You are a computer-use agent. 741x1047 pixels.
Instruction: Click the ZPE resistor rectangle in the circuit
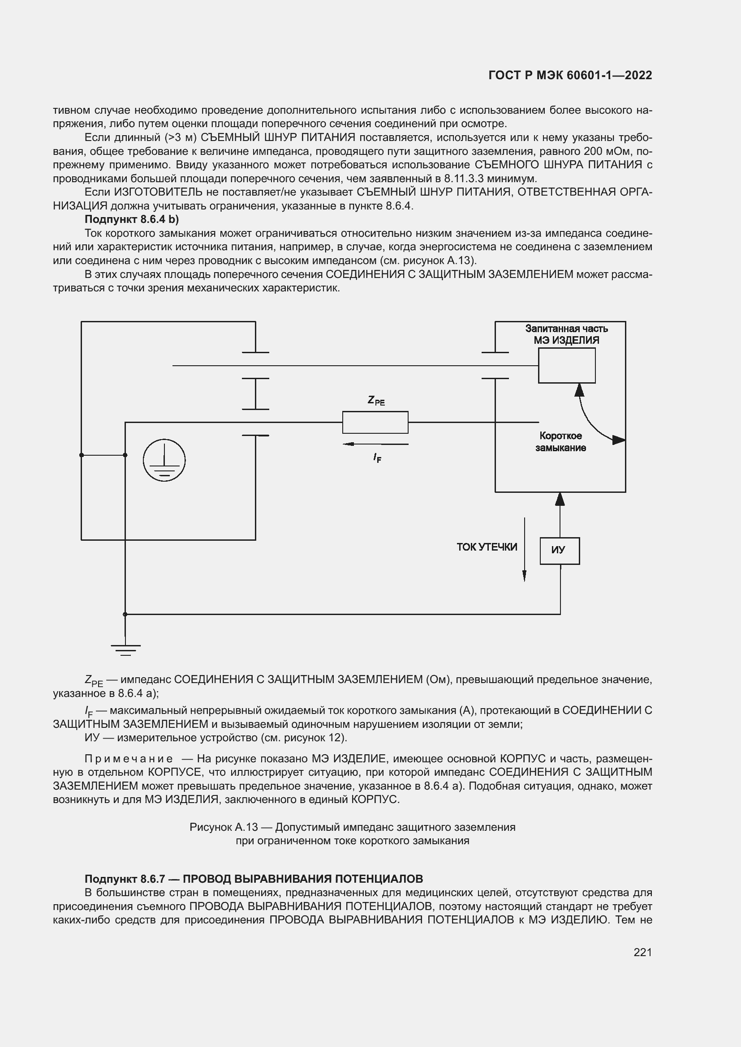375,422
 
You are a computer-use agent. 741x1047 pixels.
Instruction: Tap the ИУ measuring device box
560,551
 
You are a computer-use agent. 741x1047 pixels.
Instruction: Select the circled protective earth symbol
164,460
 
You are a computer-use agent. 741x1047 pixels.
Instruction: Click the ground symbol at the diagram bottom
125,650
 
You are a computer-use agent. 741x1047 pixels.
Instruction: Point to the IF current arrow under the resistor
375,444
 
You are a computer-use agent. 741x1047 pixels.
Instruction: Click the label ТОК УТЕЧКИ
487,547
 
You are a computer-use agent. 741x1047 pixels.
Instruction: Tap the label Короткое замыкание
560,441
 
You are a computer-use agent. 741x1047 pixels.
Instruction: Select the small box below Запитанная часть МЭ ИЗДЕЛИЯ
566,365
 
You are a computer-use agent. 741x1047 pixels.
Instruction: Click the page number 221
642,952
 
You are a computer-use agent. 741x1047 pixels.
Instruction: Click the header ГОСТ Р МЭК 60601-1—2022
570,75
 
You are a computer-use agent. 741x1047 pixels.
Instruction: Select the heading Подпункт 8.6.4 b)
132,219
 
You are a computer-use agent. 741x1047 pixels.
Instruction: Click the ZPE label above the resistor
376,401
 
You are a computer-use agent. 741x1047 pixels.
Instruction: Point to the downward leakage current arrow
524,550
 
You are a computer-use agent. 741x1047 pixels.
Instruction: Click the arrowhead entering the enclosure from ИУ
560,500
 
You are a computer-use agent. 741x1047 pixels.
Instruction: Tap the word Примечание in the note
129,759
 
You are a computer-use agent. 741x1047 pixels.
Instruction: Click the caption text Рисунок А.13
224,827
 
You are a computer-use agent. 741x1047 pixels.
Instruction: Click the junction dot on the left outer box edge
82,455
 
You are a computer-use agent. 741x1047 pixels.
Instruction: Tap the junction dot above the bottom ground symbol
125,614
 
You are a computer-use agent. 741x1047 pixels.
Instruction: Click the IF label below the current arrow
377,458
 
